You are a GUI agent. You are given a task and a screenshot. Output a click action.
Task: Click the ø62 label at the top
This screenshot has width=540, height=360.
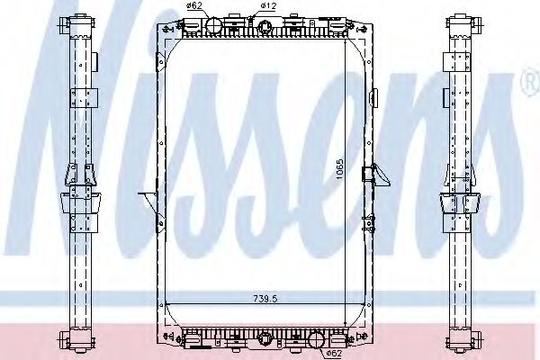[193, 7]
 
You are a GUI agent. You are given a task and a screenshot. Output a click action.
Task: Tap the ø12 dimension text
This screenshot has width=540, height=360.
[267, 7]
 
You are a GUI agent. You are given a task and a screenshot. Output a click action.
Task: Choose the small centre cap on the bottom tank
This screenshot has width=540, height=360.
[267, 339]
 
